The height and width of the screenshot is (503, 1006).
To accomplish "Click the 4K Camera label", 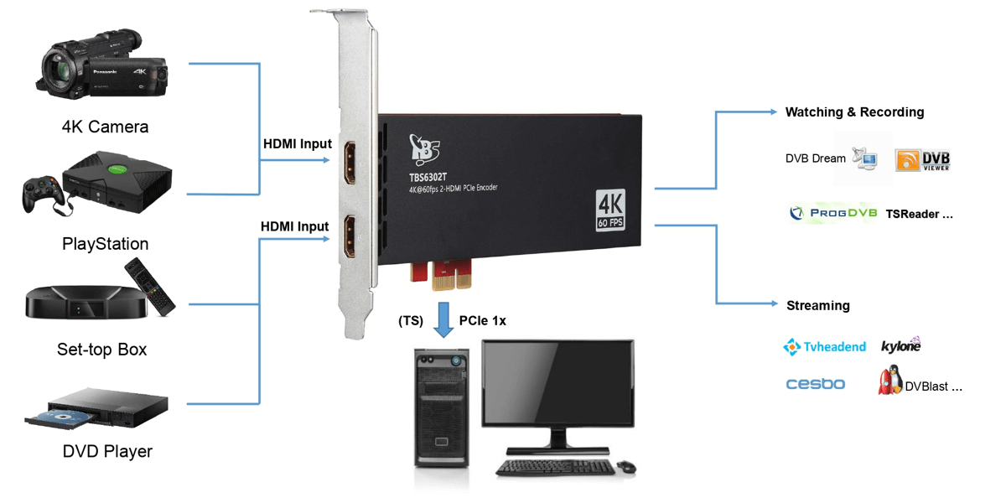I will (x=105, y=127).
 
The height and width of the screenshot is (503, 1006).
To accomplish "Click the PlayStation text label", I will (x=105, y=244).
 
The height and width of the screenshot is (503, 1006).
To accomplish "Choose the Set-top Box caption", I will (x=101, y=350).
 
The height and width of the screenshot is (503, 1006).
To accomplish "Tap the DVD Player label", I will (x=107, y=452).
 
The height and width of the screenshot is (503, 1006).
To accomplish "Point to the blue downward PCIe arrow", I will (x=443, y=320).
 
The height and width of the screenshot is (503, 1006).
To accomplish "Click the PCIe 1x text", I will (x=483, y=320).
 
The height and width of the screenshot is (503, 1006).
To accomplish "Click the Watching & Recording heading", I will (x=854, y=112).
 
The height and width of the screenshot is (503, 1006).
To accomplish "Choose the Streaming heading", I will (x=817, y=305).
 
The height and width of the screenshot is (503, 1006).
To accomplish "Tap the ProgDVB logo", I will (x=833, y=213).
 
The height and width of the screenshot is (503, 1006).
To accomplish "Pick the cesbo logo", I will (x=816, y=384).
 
